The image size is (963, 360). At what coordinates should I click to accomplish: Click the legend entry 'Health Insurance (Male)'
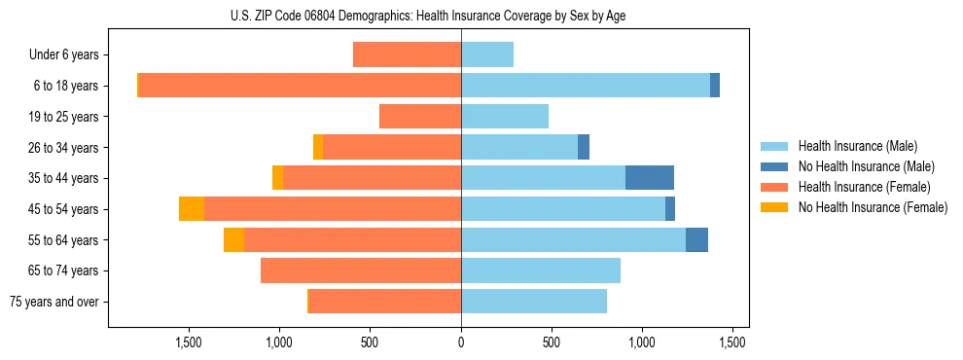tap(857, 146)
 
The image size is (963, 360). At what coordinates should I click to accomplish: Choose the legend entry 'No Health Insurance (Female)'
tap(873, 207)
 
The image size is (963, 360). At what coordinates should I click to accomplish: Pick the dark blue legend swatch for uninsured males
tap(774, 166)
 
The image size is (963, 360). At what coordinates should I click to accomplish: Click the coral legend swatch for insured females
tap(774, 187)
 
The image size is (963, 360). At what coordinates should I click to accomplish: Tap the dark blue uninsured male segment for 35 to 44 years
tap(650, 178)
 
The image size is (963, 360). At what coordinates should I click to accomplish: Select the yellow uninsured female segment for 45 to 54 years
tap(192, 209)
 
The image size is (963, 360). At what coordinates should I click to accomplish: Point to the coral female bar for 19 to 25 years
tap(420, 117)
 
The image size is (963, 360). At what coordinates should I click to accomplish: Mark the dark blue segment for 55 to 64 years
tap(696, 240)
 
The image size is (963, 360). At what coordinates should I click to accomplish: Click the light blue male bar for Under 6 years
tap(487, 55)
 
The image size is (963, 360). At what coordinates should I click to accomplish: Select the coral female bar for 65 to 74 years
tap(361, 270)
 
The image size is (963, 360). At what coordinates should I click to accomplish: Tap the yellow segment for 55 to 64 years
tap(233, 240)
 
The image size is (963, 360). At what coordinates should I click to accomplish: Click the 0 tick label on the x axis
tap(461, 342)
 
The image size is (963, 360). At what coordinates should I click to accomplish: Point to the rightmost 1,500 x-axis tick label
tap(733, 342)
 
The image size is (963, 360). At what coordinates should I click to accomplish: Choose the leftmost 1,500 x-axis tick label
tap(188, 342)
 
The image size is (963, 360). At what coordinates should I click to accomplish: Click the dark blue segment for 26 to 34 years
tap(584, 148)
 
